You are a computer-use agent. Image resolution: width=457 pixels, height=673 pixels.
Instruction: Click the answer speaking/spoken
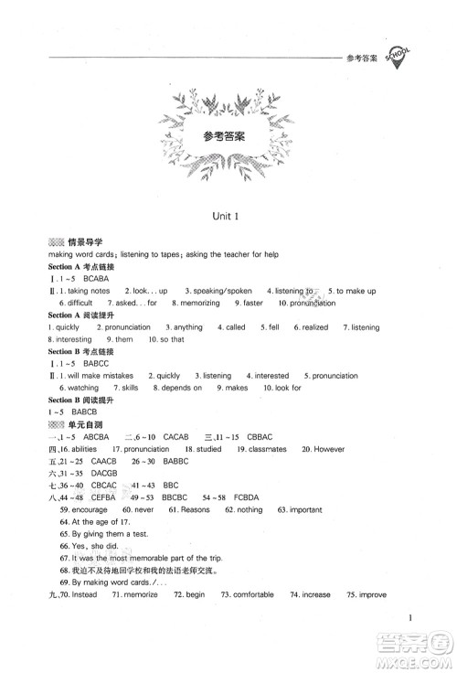[x=218, y=291]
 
